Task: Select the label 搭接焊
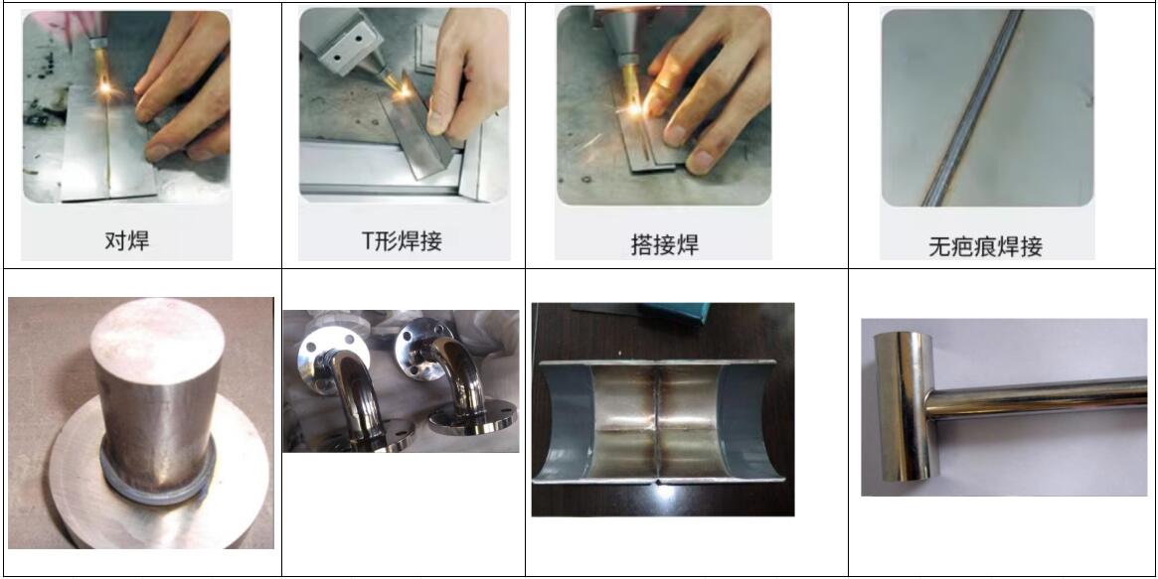pyautogui.click(x=665, y=244)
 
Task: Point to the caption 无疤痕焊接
pyautogui.click(x=985, y=246)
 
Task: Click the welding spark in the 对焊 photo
pyautogui.click(x=105, y=89)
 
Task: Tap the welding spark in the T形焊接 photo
pyautogui.click(x=404, y=90)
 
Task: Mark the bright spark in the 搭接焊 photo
pyautogui.click(x=634, y=109)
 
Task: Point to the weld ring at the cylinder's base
pyautogui.click(x=157, y=480)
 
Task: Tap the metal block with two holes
pyautogui.click(x=341, y=42)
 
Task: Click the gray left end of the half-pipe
pyautogui.click(x=563, y=421)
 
